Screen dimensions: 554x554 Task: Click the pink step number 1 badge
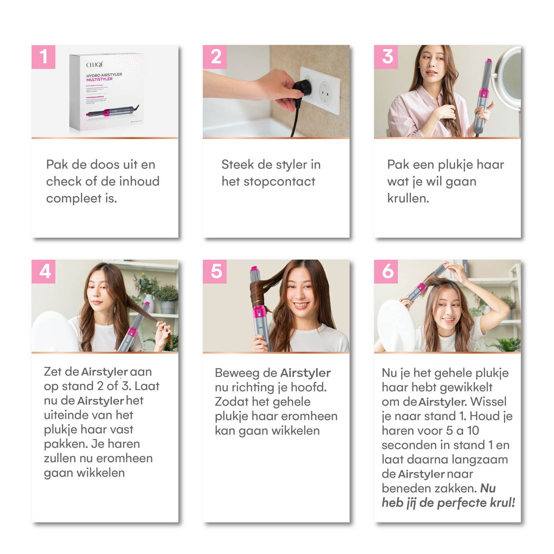[43, 57]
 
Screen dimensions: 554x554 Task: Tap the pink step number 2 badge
[215, 57]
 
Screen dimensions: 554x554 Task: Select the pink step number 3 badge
[386, 57]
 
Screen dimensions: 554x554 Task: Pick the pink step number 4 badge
[43, 271]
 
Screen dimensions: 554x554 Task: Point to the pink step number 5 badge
[215, 271]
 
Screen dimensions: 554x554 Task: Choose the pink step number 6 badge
[386, 271]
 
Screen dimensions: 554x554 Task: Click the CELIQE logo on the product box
[94, 64]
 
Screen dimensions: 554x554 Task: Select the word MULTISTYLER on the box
[99, 79]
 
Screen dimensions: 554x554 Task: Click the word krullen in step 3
[408, 198]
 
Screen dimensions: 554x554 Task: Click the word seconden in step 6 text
[409, 445]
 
